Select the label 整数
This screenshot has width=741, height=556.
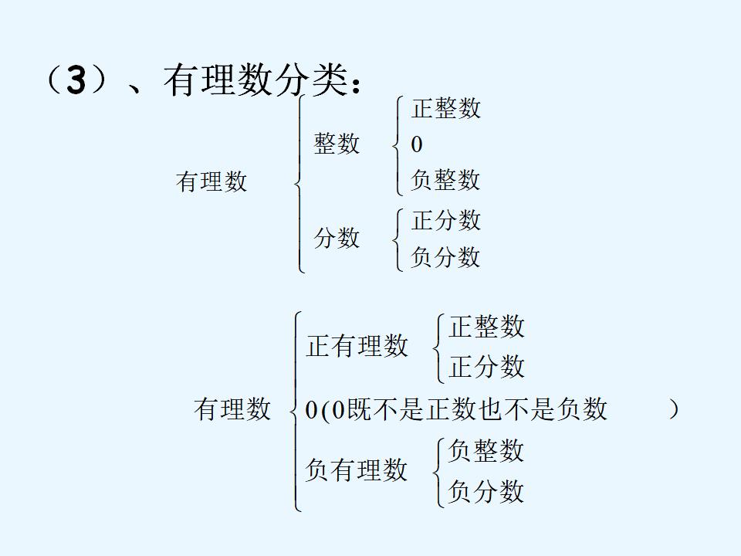coord(337,144)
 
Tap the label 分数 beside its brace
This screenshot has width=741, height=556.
coord(337,238)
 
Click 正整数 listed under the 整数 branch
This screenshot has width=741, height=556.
coord(446,108)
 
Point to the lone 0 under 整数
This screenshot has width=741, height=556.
coord(417,144)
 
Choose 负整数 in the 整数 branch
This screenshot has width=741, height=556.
coord(446,180)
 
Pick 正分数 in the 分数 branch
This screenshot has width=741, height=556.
coord(446,220)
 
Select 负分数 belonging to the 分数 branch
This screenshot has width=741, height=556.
coord(446,256)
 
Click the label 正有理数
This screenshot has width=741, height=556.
coord(357,346)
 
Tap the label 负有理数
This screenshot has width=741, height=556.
coord(357,470)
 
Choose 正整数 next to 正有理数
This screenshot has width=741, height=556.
coord(486,327)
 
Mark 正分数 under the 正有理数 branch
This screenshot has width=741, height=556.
coord(486,367)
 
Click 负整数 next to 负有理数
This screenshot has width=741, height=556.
coord(486,450)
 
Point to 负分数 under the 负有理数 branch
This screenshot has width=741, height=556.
coord(486,491)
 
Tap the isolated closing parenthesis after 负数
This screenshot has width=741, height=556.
coord(674,409)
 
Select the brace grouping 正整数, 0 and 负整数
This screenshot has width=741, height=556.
coord(397,144)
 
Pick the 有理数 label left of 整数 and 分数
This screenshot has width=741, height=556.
coord(211,182)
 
